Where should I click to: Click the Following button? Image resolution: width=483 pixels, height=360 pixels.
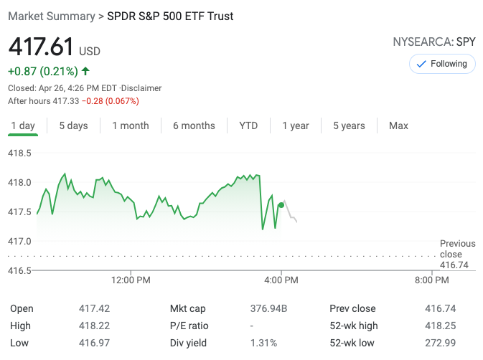pyautogui.click(x=441, y=64)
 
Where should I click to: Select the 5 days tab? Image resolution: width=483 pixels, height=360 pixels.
pyautogui.click(x=73, y=125)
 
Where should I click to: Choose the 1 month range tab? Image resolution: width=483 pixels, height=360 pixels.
pyautogui.click(x=131, y=125)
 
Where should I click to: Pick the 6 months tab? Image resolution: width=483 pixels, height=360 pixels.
pyautogui.click(x=194, y=125)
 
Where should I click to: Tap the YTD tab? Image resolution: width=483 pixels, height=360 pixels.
pyautogui.click(x=248, y=125)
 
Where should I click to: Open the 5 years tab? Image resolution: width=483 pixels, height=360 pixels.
pyautogui.click(x=349, y=125)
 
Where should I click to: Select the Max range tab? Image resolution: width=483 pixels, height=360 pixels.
pyautogui.click(x=398, y=125)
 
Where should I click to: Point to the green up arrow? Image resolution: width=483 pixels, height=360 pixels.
pyautogui.click(x=86, y=71)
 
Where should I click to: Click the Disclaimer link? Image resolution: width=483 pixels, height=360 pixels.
pyautogui.click(x=141, y=88)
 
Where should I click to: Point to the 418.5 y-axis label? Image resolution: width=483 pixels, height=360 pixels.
pyautogui.click(x=19, y=153)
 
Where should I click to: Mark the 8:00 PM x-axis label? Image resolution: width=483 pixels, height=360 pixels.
pyautogui.click(x=432, y=280)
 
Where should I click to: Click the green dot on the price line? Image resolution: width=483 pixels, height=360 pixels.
pyautogui.click(x=281, y=205)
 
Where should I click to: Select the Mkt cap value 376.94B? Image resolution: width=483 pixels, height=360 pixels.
pyautogui.click(x=268, y=308)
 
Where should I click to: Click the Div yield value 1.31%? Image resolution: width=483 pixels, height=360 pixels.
pyautogui.click(x=263, y=343)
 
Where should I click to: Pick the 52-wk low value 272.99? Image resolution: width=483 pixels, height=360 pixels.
pyautogui.click(x=439, y=343)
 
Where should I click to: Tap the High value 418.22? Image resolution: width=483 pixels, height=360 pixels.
pyautogui.click(x=94, y=326)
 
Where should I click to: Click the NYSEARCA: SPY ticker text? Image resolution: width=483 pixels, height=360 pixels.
pyautogui.click(x=433, y=42)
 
